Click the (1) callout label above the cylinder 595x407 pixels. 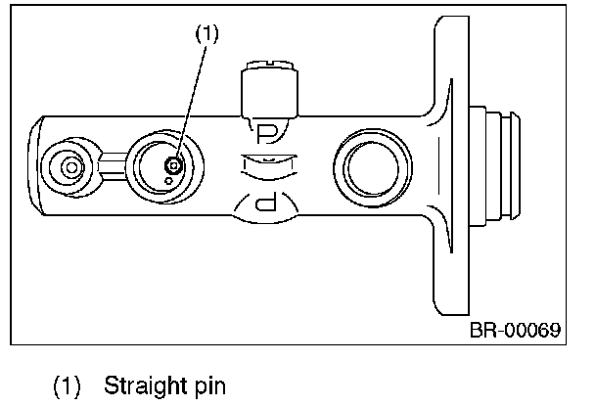tap(207, 34)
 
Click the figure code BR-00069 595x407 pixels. tap(515, 330)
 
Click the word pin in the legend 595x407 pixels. tap(209, 386)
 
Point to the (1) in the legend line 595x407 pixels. tap(67, 386)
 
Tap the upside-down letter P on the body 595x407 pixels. tap(265, 202)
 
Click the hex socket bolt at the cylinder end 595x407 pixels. tap(71, 167)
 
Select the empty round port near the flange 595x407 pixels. tap(373, 168)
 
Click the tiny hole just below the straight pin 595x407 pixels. tap(169, 181)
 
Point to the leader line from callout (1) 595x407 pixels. tap(191, 102)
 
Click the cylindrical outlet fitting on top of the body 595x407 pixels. tap(269, 89)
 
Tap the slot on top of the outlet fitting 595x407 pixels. tap(270, 63)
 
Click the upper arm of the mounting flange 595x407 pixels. tap(451, 66)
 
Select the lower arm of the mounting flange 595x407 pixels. tap(451, 265)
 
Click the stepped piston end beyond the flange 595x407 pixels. tap(494, 165)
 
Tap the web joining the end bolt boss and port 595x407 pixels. tap(112, 166)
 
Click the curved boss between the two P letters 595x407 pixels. tap(269, 167)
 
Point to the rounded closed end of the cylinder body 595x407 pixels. tap(35, 165)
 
